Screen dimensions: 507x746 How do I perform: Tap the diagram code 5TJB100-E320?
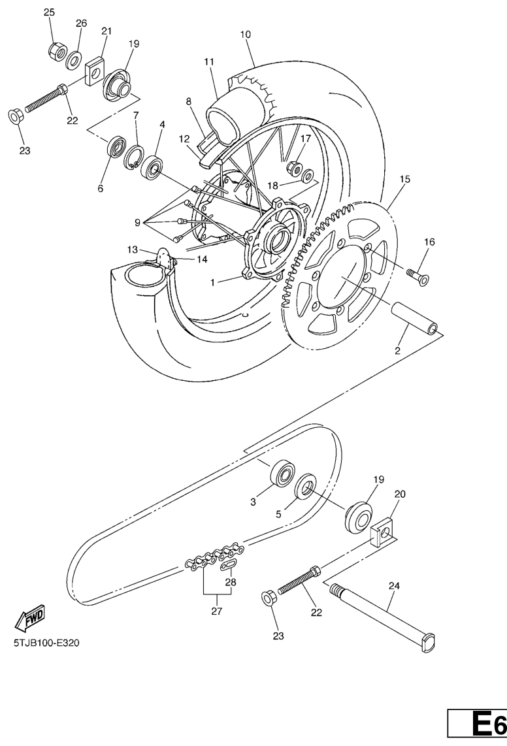click(46, 643)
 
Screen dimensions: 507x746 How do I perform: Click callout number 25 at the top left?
click(49, 12)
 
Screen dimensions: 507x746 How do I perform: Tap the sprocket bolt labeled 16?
click(417, 276)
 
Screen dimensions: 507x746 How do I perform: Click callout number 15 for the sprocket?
click(404, 180)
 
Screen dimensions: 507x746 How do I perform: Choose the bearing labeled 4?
click(152, 167)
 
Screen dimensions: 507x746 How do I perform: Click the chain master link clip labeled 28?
click(229, 565)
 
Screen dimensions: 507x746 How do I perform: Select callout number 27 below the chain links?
click(217, 611)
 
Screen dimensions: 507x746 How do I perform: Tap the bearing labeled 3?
click(284, 474)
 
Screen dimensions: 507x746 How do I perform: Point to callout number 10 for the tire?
click(246, 34)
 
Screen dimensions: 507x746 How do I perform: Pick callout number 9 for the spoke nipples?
click(138, 222)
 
